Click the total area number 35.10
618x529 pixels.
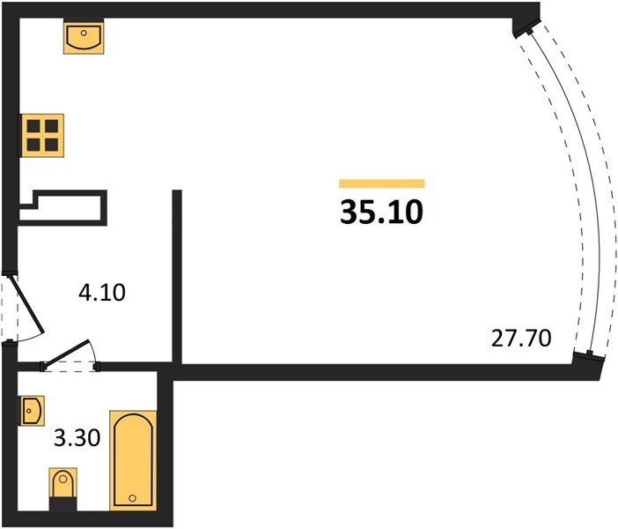381,212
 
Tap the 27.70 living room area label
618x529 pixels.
521,339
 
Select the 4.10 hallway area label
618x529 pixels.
102,293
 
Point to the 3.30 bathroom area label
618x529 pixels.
77,438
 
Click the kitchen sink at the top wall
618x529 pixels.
84,36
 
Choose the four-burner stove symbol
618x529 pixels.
42,136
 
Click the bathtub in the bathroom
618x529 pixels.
133,460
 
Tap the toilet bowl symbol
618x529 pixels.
63,483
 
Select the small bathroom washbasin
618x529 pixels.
33,411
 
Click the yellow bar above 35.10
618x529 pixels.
382,183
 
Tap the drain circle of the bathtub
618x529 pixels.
132,498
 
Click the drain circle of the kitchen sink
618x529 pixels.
84,34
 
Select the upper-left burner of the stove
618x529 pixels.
33,126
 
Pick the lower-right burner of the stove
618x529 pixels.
52,145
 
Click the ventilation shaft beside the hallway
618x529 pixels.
63,208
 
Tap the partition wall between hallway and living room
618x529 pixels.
177,276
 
